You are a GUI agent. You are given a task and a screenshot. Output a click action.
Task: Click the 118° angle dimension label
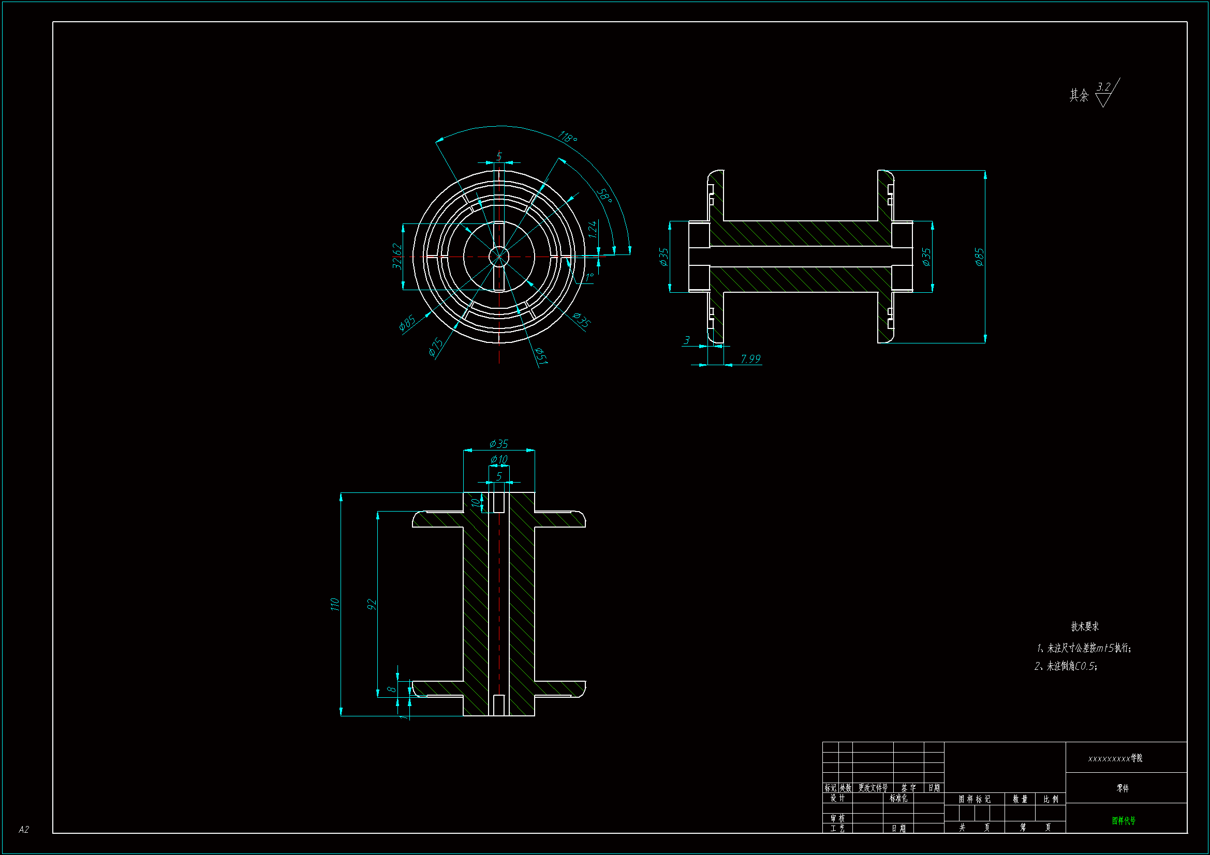click(x=567, y=138)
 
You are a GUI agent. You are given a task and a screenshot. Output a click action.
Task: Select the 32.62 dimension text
click(x=397, y=256)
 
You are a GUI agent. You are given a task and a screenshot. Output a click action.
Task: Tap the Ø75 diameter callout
click(x=436, y=347)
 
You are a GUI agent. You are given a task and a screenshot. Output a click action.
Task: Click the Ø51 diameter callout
click(x=541, y=355)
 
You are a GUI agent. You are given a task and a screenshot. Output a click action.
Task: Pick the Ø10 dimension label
click(x=498, y=459)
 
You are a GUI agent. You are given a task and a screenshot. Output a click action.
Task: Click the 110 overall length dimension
click(x=335, y=604)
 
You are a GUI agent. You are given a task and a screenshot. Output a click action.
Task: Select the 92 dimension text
click(x=372, y=604)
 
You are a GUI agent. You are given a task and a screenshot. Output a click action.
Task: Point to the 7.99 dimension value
click(x=750, y=359)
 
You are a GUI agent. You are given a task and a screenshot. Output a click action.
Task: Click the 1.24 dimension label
click(x=593, y=229)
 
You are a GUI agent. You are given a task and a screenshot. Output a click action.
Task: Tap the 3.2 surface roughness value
click(x=1103, y=87)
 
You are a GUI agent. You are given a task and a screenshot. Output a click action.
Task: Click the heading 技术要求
click(x=1085, y=626)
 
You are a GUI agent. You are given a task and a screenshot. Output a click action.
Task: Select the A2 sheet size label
click(x=24, y=830)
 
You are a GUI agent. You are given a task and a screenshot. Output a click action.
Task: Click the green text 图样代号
click(x=1124, y=821)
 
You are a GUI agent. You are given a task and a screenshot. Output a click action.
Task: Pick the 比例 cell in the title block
click(x=1051, y=799)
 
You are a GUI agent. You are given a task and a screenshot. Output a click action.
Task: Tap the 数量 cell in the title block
click(x=1020, y=799)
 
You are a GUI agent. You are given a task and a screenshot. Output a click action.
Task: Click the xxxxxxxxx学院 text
click(x=1115, y=759)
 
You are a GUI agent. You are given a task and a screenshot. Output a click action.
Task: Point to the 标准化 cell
click(x=898, y=798)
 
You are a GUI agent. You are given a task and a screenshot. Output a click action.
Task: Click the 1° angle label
click(x=589, y=277)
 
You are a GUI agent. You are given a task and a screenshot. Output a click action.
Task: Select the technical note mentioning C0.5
click(x=1066, y=666)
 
